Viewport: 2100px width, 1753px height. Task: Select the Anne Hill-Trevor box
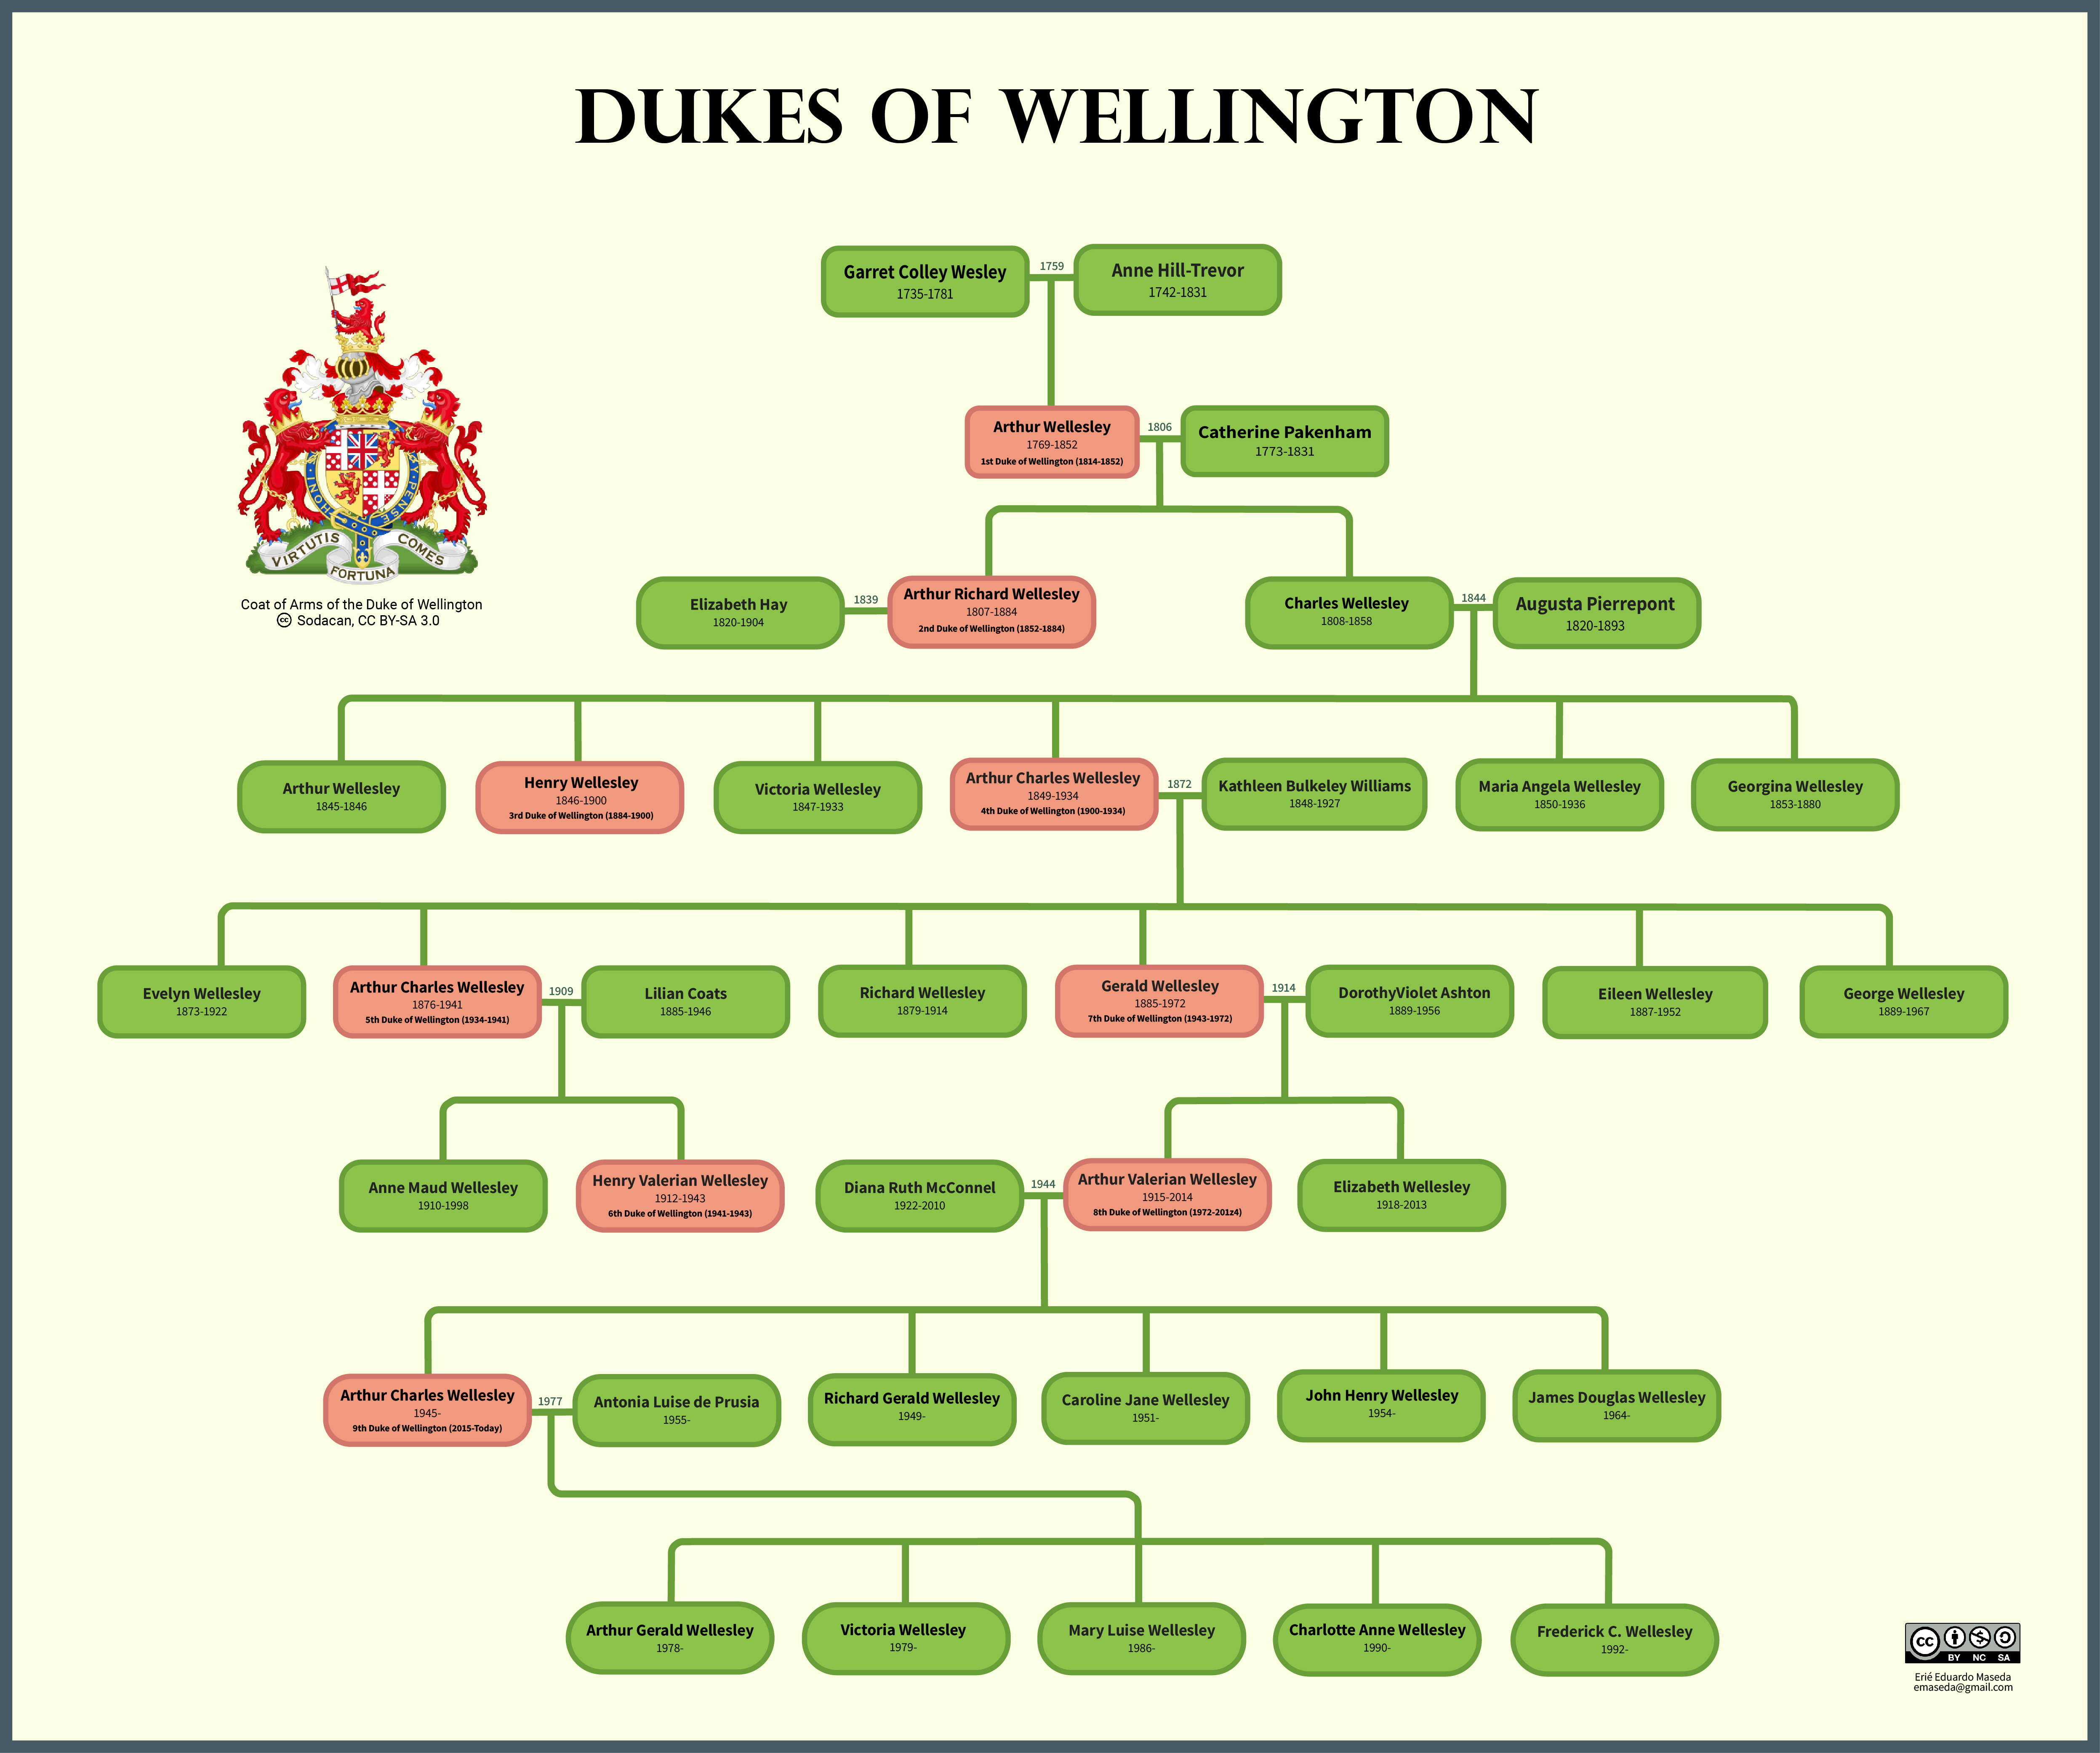tap(1177, 280)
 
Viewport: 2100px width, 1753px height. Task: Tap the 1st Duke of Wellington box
tap(1052, 442)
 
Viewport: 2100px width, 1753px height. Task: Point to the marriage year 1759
tap(1051, 266)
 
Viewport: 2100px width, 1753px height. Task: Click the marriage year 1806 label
tap(1159, 427)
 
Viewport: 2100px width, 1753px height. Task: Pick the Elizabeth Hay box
tap(739, 612)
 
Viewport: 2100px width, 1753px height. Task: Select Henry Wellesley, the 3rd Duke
tap(580, 797)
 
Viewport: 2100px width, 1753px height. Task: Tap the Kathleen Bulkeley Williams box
tap(1314, 794)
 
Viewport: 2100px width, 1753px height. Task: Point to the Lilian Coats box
tap(685, 1001)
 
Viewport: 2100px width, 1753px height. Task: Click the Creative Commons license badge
tap(1962, 1642)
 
